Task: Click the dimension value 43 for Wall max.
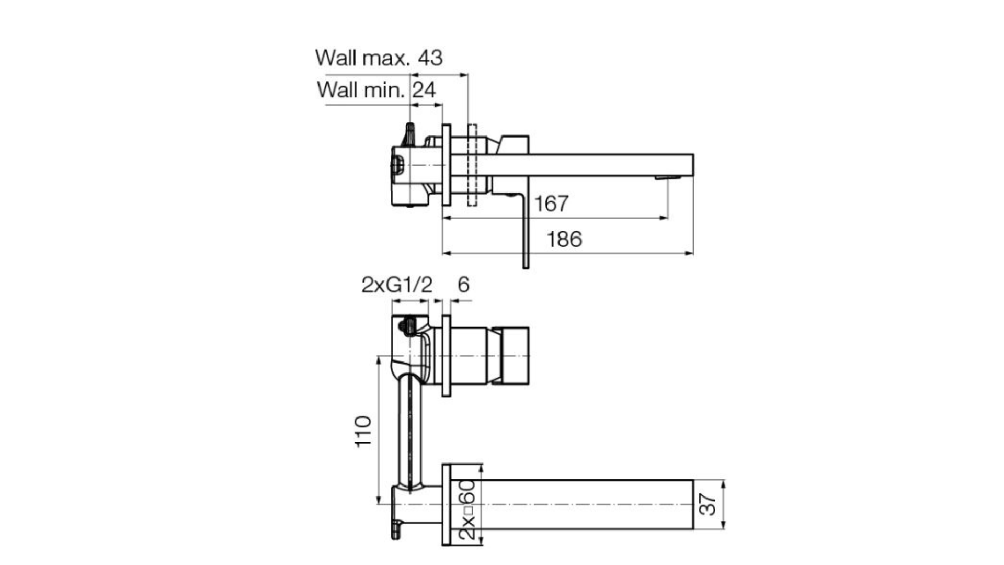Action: [430, 58]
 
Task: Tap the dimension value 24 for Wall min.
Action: [424, 90]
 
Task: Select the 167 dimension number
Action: [551, 204]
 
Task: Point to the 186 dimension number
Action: [564, 239]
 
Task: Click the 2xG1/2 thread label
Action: [397, 285]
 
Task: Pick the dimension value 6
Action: [463, 285]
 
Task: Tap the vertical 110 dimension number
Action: [363, 431]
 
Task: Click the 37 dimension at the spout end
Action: [708, 504]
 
